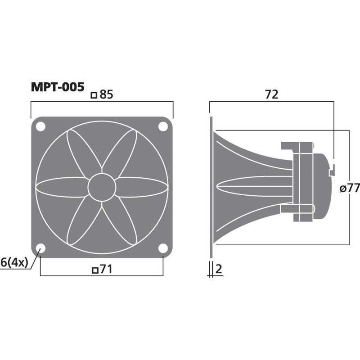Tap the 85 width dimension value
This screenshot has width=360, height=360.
(106, 94)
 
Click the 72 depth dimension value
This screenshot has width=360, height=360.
(271, 94)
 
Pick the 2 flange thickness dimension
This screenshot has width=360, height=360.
(219, 269)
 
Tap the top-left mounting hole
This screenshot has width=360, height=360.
(40, 127)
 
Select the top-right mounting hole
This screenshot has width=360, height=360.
(162, 127)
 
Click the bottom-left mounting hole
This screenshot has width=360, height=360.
(40, 248)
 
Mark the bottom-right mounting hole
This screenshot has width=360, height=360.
(162, 248)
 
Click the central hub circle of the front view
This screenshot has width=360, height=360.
(102, 188)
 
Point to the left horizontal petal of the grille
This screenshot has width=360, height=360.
(61, 188)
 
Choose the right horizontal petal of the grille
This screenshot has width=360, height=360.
(142, 188)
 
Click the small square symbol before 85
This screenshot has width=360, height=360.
(94, 95)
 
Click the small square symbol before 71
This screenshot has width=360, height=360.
(94, 270)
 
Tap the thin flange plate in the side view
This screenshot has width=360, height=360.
(211, 188)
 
